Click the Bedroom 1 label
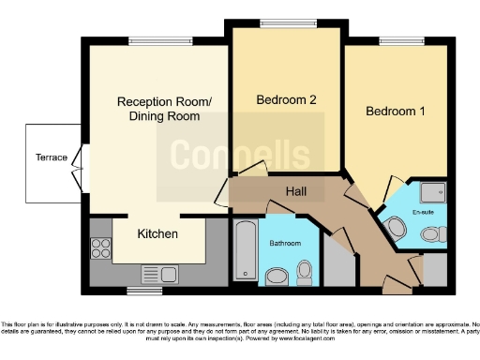tap(395, 112)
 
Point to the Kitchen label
tap(157, 232)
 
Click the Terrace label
tap(51, 157)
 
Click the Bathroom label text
tap(285, 244)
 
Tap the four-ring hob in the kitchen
tap(100, 247)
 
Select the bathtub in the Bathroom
tap(243, 249)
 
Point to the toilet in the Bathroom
tap(304, 271)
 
